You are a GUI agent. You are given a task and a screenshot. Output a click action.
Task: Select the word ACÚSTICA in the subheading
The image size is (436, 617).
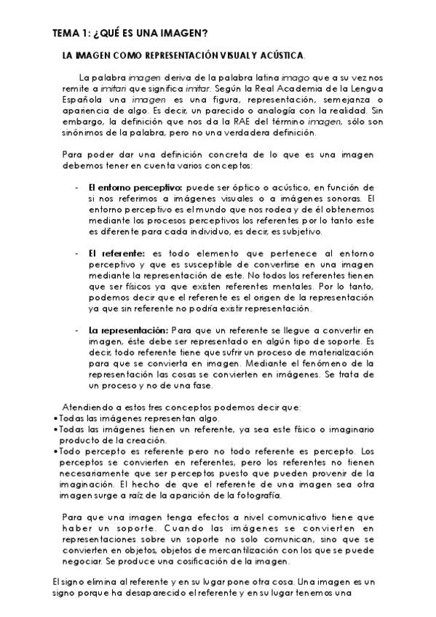[x=280, y=55]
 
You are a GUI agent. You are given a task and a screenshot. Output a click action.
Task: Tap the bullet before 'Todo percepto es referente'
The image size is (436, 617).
[x=56, y=451]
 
